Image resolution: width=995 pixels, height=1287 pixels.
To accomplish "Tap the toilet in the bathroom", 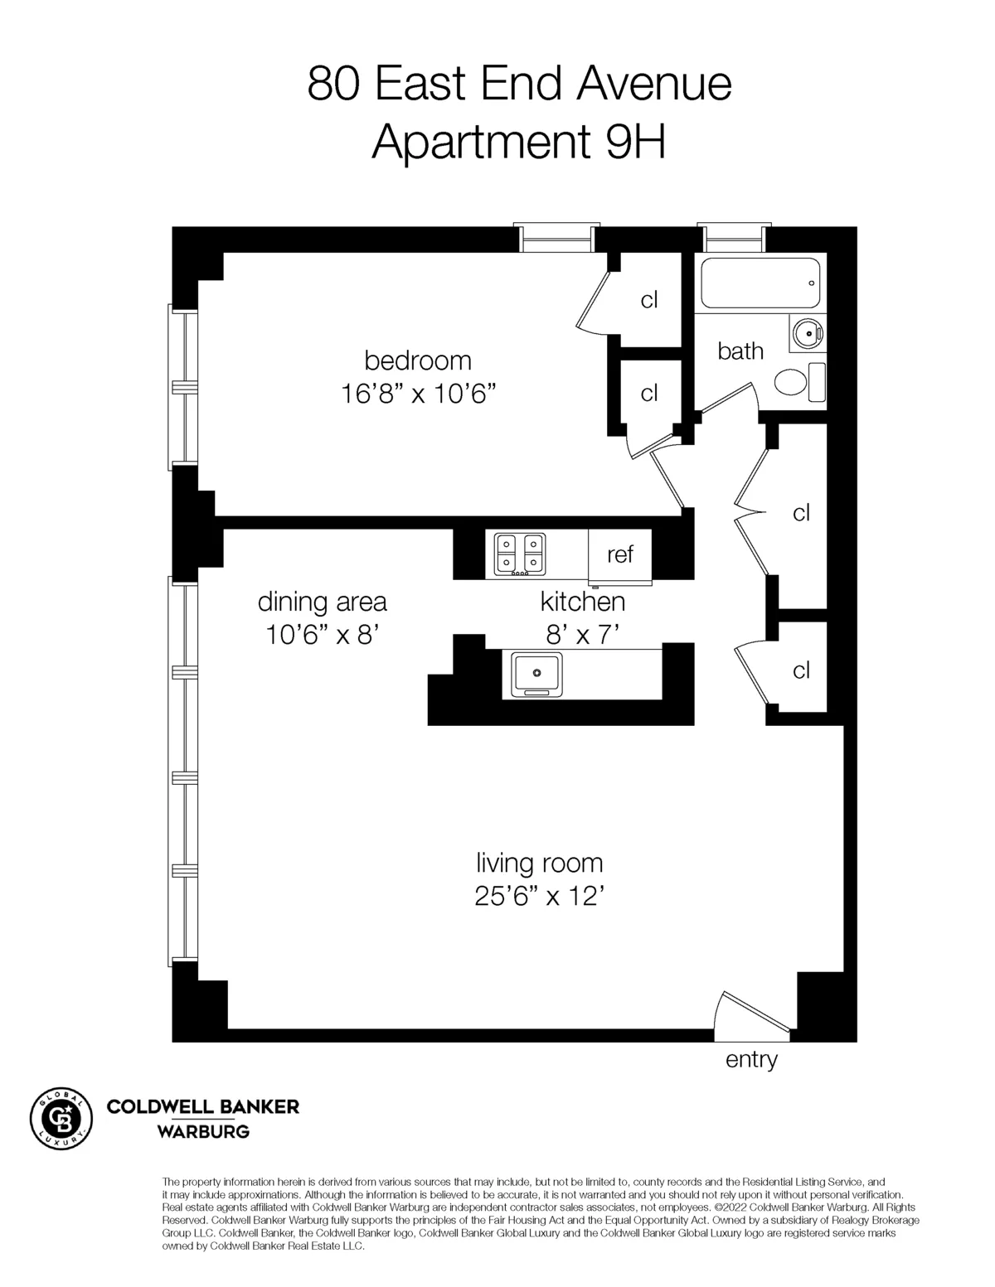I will (794, 382).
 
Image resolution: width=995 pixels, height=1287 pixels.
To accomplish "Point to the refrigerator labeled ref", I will (620, 554).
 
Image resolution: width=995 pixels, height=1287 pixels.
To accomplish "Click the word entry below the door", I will (751, 1059).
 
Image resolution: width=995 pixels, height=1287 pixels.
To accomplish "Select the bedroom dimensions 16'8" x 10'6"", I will (418, 393).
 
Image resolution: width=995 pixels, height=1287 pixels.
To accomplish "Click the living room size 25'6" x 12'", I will (539, 896).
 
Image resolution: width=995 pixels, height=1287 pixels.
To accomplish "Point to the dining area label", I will (322, 601).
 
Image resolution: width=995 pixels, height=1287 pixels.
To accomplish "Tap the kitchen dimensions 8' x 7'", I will (583, 635).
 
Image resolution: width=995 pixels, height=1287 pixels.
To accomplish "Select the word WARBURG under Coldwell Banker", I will (203, 1131).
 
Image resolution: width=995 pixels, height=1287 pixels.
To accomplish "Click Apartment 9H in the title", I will (519, 143).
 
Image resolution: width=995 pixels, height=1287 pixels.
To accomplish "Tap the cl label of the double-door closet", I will (801, 513).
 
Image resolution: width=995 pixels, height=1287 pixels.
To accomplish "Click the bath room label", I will (740, 351).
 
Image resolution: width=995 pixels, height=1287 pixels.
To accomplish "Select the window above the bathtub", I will (734, 238).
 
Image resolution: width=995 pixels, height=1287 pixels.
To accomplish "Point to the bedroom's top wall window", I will (556, 238).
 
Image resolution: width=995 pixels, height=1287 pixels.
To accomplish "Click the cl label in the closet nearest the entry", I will (801, 670).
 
